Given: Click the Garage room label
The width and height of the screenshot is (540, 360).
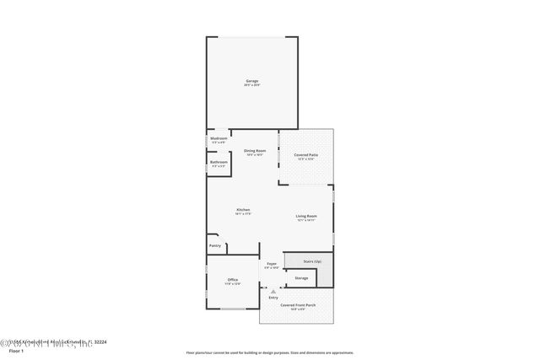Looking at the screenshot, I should [251, 81].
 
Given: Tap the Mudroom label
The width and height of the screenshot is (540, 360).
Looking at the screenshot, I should [219, 138].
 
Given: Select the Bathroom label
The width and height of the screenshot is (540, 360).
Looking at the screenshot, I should [219, 162].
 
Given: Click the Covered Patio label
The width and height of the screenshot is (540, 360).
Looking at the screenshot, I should [305, 155].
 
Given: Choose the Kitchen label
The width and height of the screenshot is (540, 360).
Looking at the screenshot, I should [243, 209].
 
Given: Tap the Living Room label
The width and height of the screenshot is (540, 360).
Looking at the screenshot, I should [305, 216].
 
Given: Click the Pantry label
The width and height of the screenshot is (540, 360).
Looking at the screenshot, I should [215, 246].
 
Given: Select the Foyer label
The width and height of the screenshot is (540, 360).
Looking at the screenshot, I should [272, 263].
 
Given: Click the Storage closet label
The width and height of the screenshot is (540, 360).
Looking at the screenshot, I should [301, 277].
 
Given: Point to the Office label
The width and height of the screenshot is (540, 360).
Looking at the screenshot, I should [232, 280].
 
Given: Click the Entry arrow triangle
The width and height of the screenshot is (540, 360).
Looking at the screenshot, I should [273, 291].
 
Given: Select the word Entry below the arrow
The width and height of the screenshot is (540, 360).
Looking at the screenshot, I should [273, 298].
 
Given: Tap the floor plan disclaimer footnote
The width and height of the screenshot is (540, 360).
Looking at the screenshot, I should [269, 352].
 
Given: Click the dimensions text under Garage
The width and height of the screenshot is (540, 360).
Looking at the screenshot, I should [251, 85].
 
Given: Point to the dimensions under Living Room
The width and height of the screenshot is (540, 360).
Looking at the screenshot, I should [305, 220].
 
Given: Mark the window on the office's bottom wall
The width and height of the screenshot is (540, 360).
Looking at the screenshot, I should [232, 309].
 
